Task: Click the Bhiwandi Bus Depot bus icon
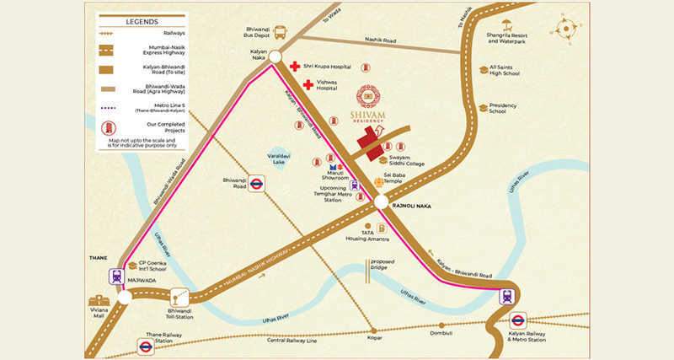(281, 33)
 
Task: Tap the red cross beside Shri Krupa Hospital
(294, 67)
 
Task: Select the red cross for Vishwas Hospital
(308, 84)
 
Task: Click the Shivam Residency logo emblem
(368, 96)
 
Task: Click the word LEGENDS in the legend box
(142, 20)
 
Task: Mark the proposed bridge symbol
(368, 268)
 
